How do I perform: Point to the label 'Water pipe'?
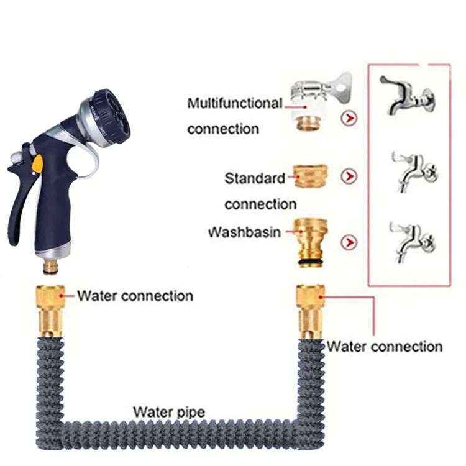click(x=168, y=411)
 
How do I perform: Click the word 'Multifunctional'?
click(x=234, y=103)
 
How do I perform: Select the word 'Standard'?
click(x=255, y=178)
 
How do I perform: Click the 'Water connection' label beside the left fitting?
click(x=135, y=296)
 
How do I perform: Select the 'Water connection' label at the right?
click(x=385, y=347)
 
